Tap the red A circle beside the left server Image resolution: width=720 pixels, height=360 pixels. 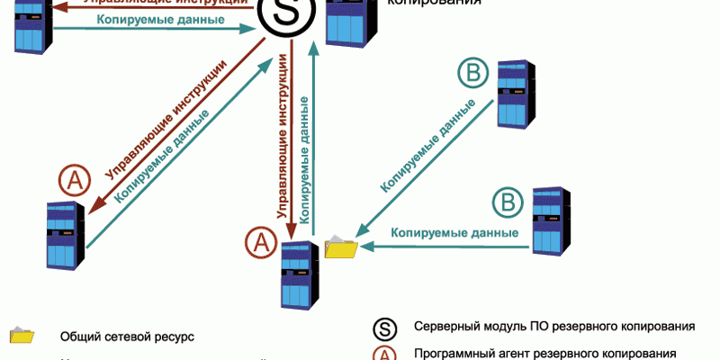[x=75, y=181]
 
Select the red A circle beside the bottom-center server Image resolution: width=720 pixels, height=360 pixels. [x=260, y=240]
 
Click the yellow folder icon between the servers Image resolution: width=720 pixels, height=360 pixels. [x=341, y=247]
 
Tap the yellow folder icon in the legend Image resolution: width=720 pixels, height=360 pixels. [x=22, y=336]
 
